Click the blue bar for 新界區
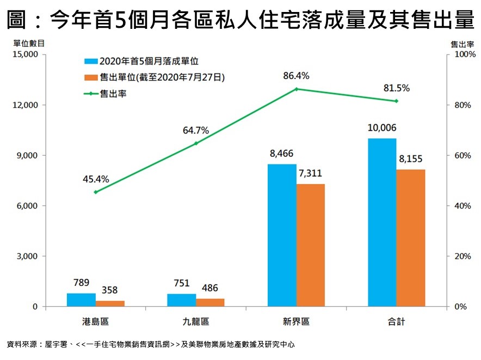click(282, 235)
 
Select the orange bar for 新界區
click(310, 245)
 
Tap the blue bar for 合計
click(382, 222)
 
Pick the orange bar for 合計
click(410, 238)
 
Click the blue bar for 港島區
click(81, 300)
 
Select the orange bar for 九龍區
click(210, 302)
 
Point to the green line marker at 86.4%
click(297, 89)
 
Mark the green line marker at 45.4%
click(96, 192)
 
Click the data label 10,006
click(382, 128)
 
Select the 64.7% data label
click(196, 131)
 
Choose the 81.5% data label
click(397, 88)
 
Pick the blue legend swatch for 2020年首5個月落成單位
click(90, 62)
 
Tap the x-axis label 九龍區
click(196, 321)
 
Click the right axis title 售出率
click(461, 42)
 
